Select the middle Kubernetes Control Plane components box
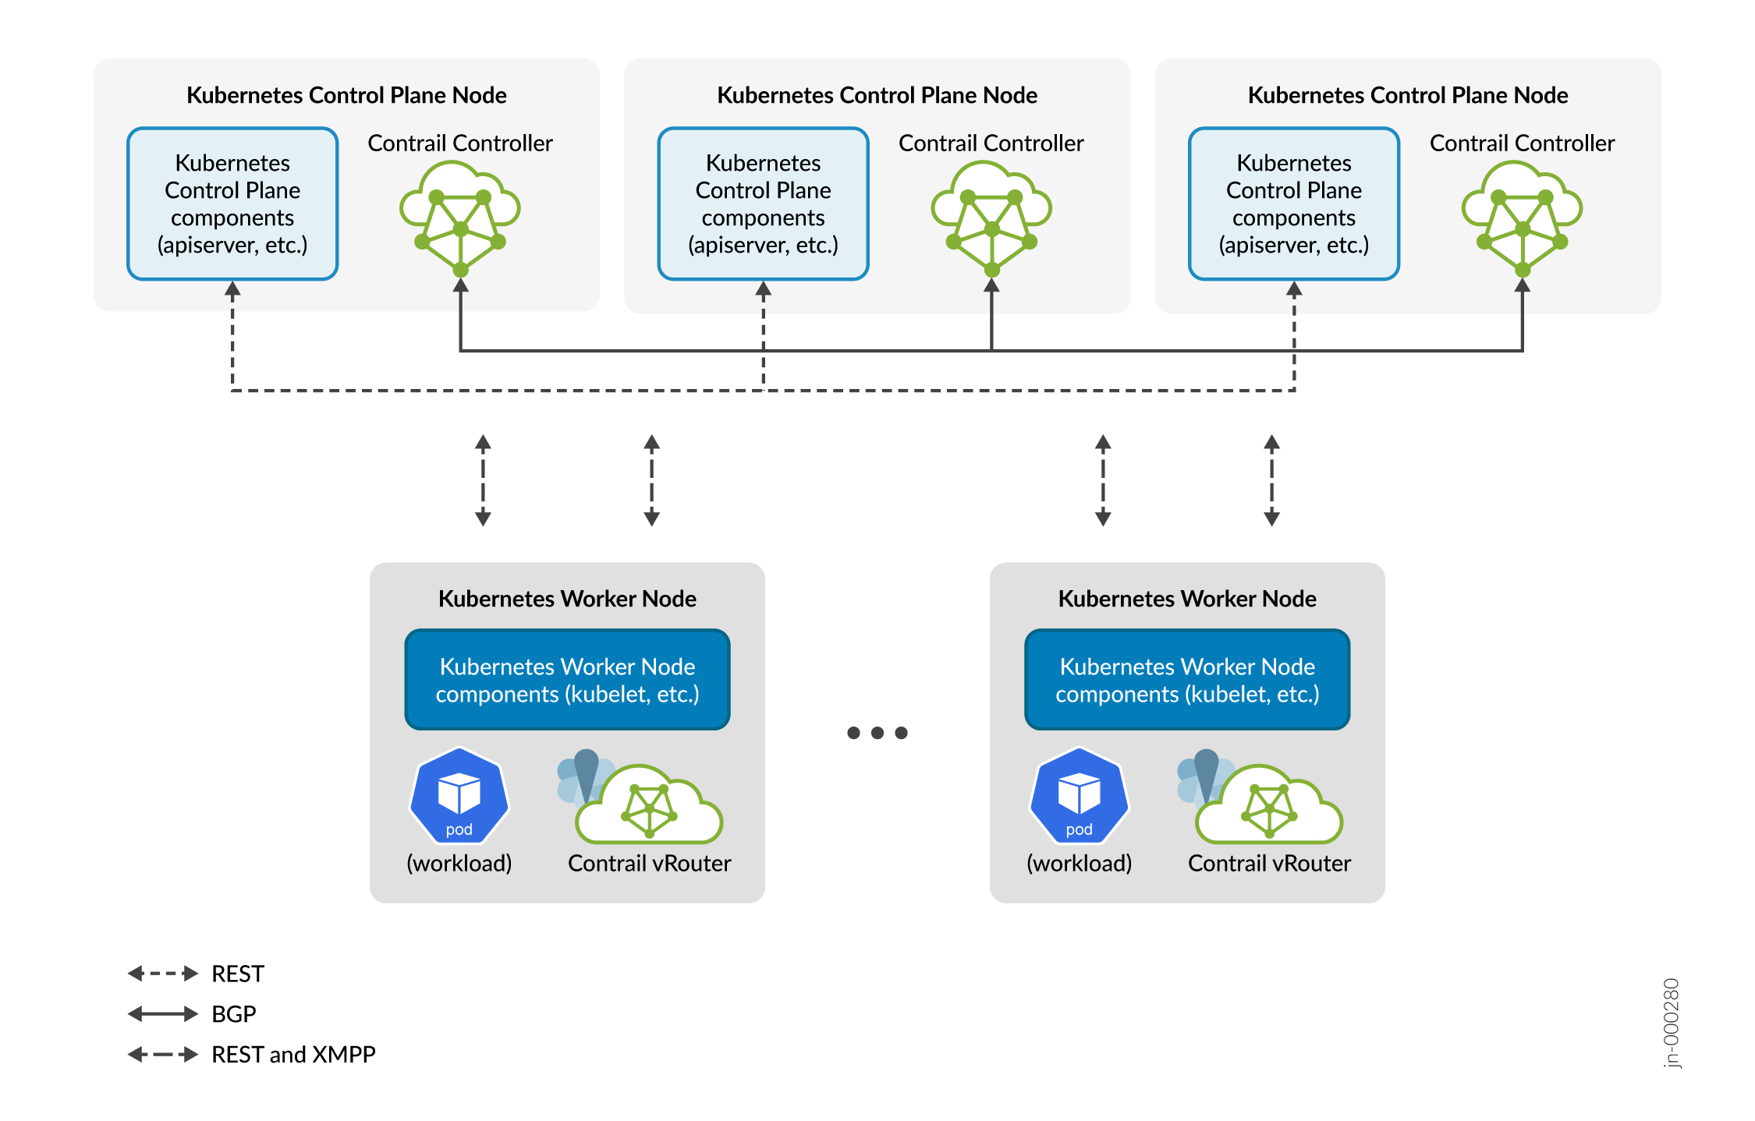point(763,203)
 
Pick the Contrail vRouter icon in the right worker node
point(1264,803)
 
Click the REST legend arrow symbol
point(163,974)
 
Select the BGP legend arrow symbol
point(163,1014)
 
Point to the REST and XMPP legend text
point(293,1055)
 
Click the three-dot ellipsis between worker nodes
point(877,733)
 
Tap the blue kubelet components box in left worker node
point(567,680)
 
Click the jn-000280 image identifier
point(1671,1023)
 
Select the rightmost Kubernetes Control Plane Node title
point(1407,95)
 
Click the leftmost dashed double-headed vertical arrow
point(483,480)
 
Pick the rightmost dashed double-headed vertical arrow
point(1271,480)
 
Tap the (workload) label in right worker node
point(1079,864)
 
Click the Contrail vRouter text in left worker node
point(649,864)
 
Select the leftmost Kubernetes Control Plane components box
point(232,203)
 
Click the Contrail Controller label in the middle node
point(991,143)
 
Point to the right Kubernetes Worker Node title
point(1186,599)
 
